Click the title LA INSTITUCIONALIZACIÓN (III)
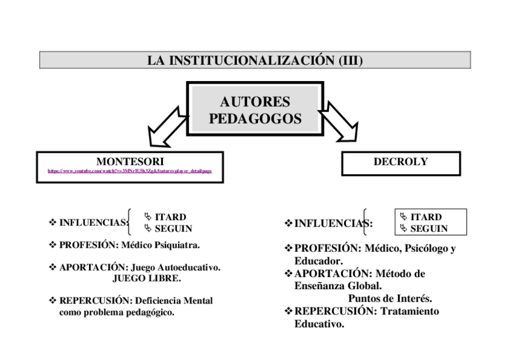pos(254,60)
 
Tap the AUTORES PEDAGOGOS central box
pos(255,110)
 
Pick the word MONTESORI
pos(130,161)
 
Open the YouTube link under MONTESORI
pos(130,171)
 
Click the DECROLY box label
pos(401,162)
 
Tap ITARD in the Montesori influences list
pos(170,217)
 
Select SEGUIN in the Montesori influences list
pos(173,228)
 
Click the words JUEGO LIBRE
pos(147,278)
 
